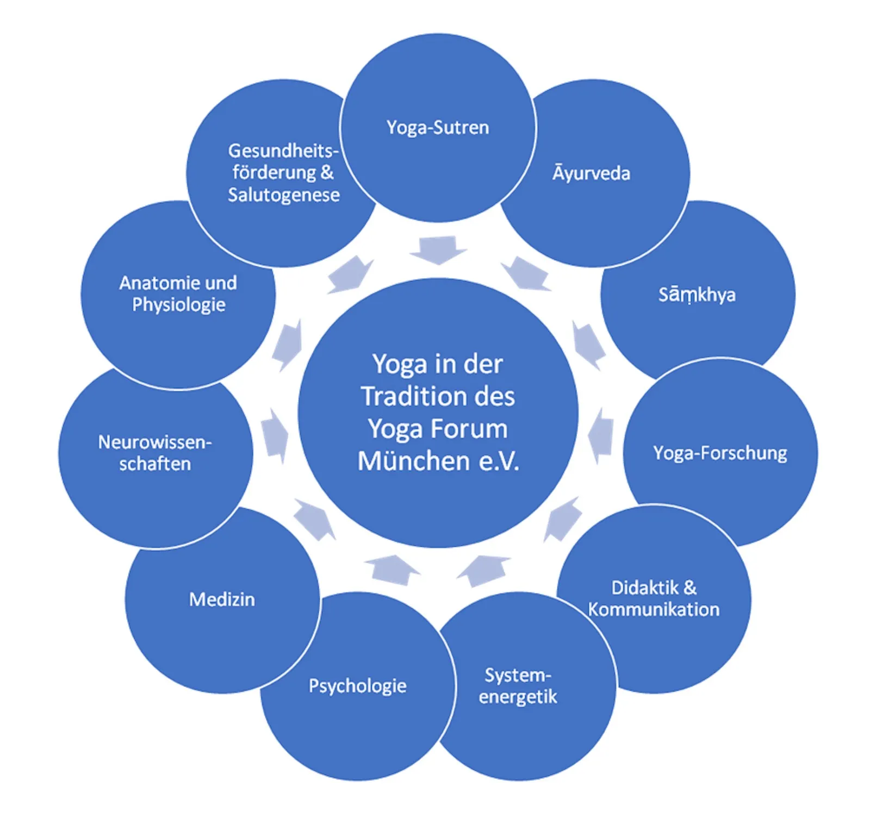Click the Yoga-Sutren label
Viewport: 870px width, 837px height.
click(x=438, y=128)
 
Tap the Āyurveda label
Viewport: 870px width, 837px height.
click(x=592, y=173)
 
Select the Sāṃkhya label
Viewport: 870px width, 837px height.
click(x=697, y=295)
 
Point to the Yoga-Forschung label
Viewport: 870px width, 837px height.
click(x=720, y=453)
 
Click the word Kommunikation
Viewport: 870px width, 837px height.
click(x=654, y=609)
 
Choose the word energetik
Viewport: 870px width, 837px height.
click(x=518, y=697)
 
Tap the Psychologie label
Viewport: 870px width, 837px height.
click(x=358, y=686)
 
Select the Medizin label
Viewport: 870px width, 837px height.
click(x=222, y=599)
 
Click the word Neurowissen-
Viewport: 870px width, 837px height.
click(x=155, y=442)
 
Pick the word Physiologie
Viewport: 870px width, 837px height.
click(x=179, y=305)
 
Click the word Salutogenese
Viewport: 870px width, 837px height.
click(x=284, y=195)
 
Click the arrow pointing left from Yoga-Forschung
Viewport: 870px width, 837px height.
click(x=601, y=435)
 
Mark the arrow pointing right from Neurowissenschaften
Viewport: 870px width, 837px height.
click(x=275, y=436)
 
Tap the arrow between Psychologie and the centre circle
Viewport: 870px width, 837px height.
click(x=391, y=569)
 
